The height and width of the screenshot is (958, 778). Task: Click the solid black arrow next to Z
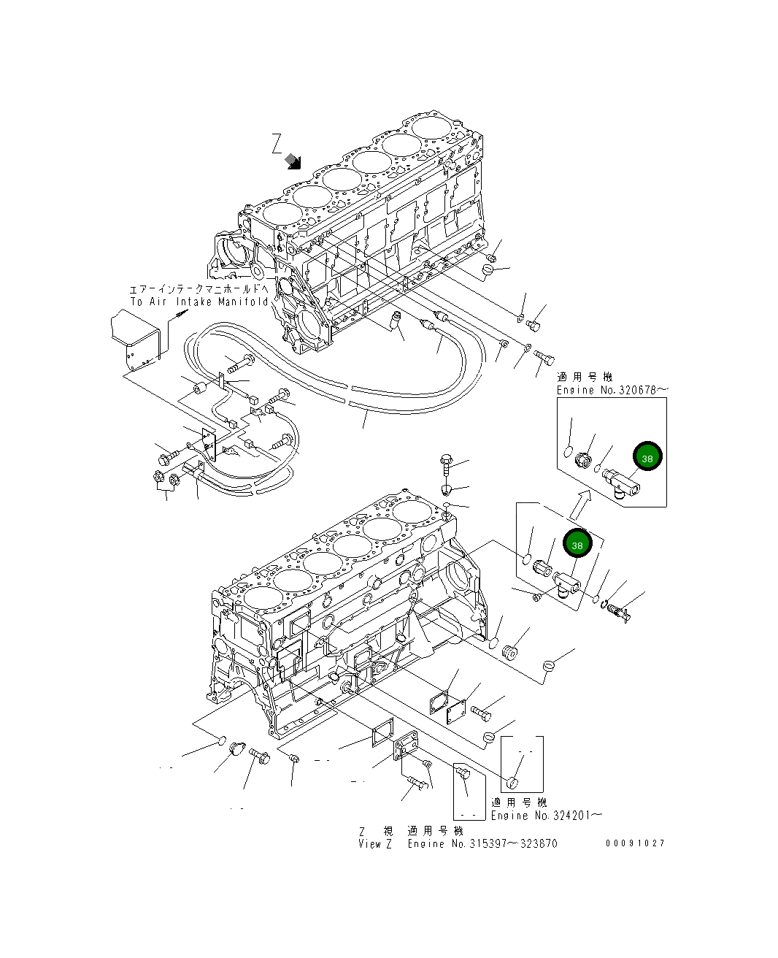pos(294,161)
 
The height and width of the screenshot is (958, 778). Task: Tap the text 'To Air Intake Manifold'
pos(199,302)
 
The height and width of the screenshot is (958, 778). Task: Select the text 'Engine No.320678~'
pos(612,390)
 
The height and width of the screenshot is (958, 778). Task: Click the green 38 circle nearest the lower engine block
pos(577,545)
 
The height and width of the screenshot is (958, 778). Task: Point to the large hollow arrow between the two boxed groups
pos(579,504)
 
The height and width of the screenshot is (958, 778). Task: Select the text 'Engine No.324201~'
pos(546,815)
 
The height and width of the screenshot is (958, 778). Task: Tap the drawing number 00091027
pos(634,843)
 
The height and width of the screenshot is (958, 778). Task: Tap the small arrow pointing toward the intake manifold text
pos(179,315)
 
